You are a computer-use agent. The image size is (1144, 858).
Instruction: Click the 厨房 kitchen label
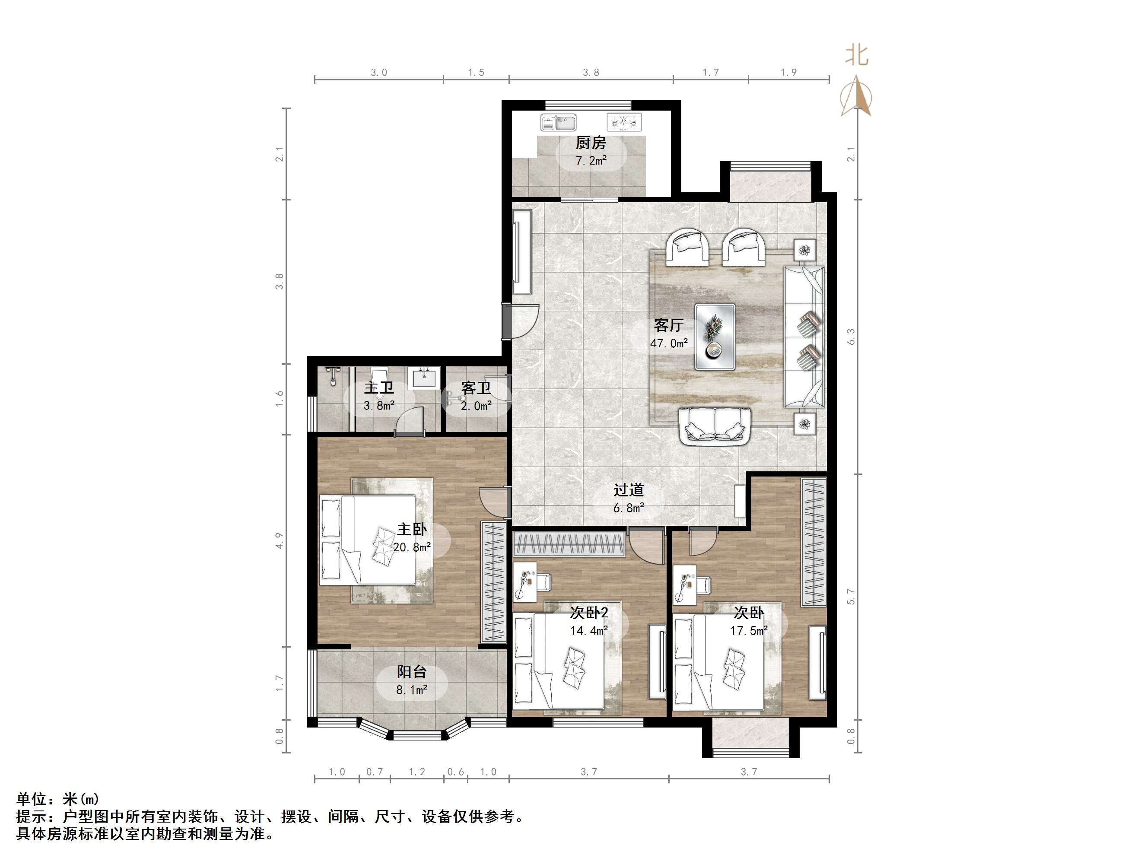coord(591,142)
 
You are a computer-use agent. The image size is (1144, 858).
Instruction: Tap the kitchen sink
coord(558,123)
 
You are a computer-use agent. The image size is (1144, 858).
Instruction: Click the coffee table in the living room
coord(715,337)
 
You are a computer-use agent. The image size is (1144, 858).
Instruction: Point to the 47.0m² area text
coord(669,343)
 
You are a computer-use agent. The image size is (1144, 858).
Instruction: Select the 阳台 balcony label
coord(412,672)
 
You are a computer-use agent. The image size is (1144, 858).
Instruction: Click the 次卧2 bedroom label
coord(589,613)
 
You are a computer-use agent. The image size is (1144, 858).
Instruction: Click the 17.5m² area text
coord(749,630)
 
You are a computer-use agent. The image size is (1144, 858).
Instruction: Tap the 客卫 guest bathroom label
coord(476,388)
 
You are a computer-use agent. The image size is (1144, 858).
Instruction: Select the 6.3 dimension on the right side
coord(851,337)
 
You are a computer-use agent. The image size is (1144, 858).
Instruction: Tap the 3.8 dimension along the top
coord(591,73)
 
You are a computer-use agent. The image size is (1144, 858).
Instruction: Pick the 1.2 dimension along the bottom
coord(417,772)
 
